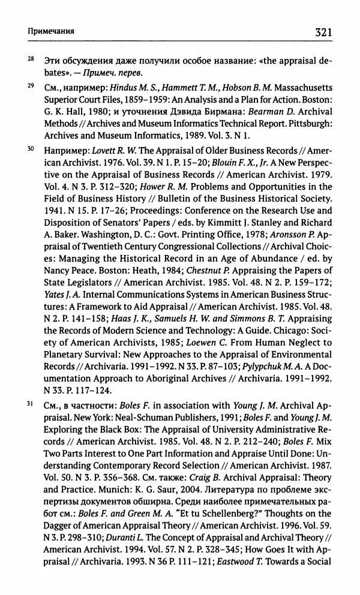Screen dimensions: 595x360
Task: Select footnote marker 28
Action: pyautogui.click(x=31, y=59)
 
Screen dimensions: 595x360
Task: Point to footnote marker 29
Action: pyautogui.click(x=31, y=87)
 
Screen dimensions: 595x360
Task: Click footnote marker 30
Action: pyautogui.click(x=31, y=147)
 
